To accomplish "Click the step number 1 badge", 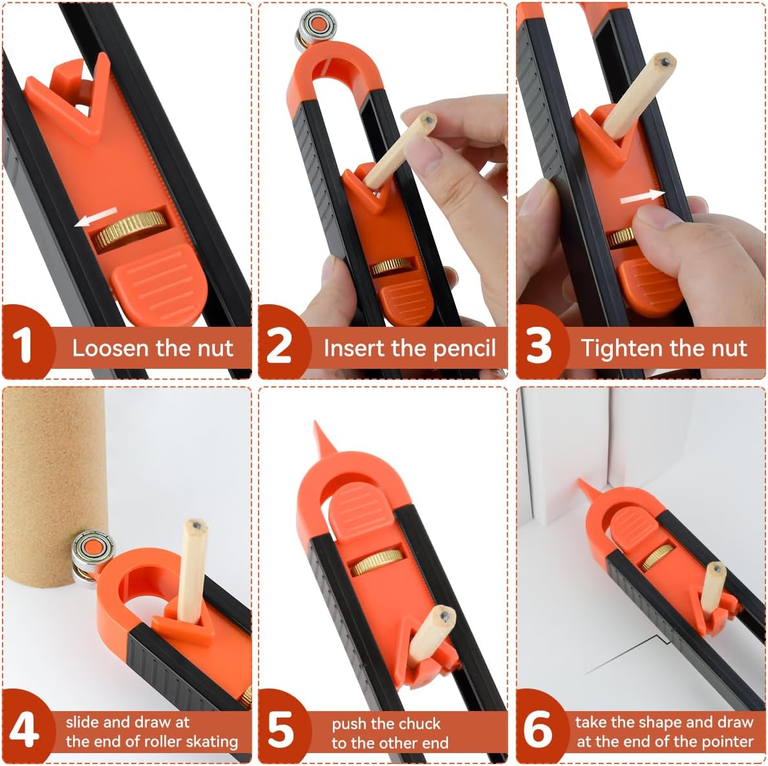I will (23, 344).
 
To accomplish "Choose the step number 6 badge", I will (538, 729).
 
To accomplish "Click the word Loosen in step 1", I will (110, 348).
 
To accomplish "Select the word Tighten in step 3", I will (621, 348).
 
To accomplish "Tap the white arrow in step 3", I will (641, 197).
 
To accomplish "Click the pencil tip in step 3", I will (664, 61).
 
